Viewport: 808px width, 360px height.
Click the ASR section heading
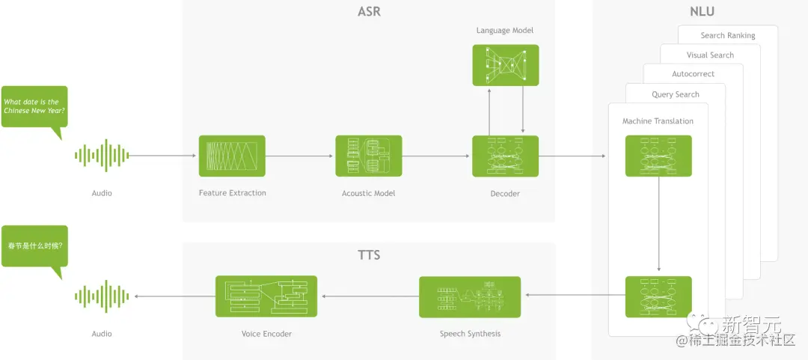tap(369, 13)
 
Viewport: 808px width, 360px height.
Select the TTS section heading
tap(369, 255)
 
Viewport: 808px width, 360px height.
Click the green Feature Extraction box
tap(232, 156)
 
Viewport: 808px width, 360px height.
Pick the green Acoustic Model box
tap(368, 156)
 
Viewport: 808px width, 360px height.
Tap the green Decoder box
tap(505, 156)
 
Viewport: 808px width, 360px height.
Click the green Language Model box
tap(505, 64)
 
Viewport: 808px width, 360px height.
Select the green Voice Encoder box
tap(266, 296)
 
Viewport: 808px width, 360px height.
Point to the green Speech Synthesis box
tap(470, 296)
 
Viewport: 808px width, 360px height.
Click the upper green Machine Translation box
tap(658, 156)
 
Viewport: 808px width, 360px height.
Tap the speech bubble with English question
tap(34, 107)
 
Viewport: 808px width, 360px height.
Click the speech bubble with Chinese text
tap(34, 246)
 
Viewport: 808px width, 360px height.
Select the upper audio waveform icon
tap(102, 156)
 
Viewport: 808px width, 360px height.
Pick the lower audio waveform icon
tap(102, 296)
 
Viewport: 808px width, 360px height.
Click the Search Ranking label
tap(727, 35)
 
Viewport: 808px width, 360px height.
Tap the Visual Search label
tap(710, 55)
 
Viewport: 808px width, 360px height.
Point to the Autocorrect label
tap(693, 74)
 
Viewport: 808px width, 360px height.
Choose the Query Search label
tap(675, 94)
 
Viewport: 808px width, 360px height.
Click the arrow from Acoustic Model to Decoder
tap(437, 156)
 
